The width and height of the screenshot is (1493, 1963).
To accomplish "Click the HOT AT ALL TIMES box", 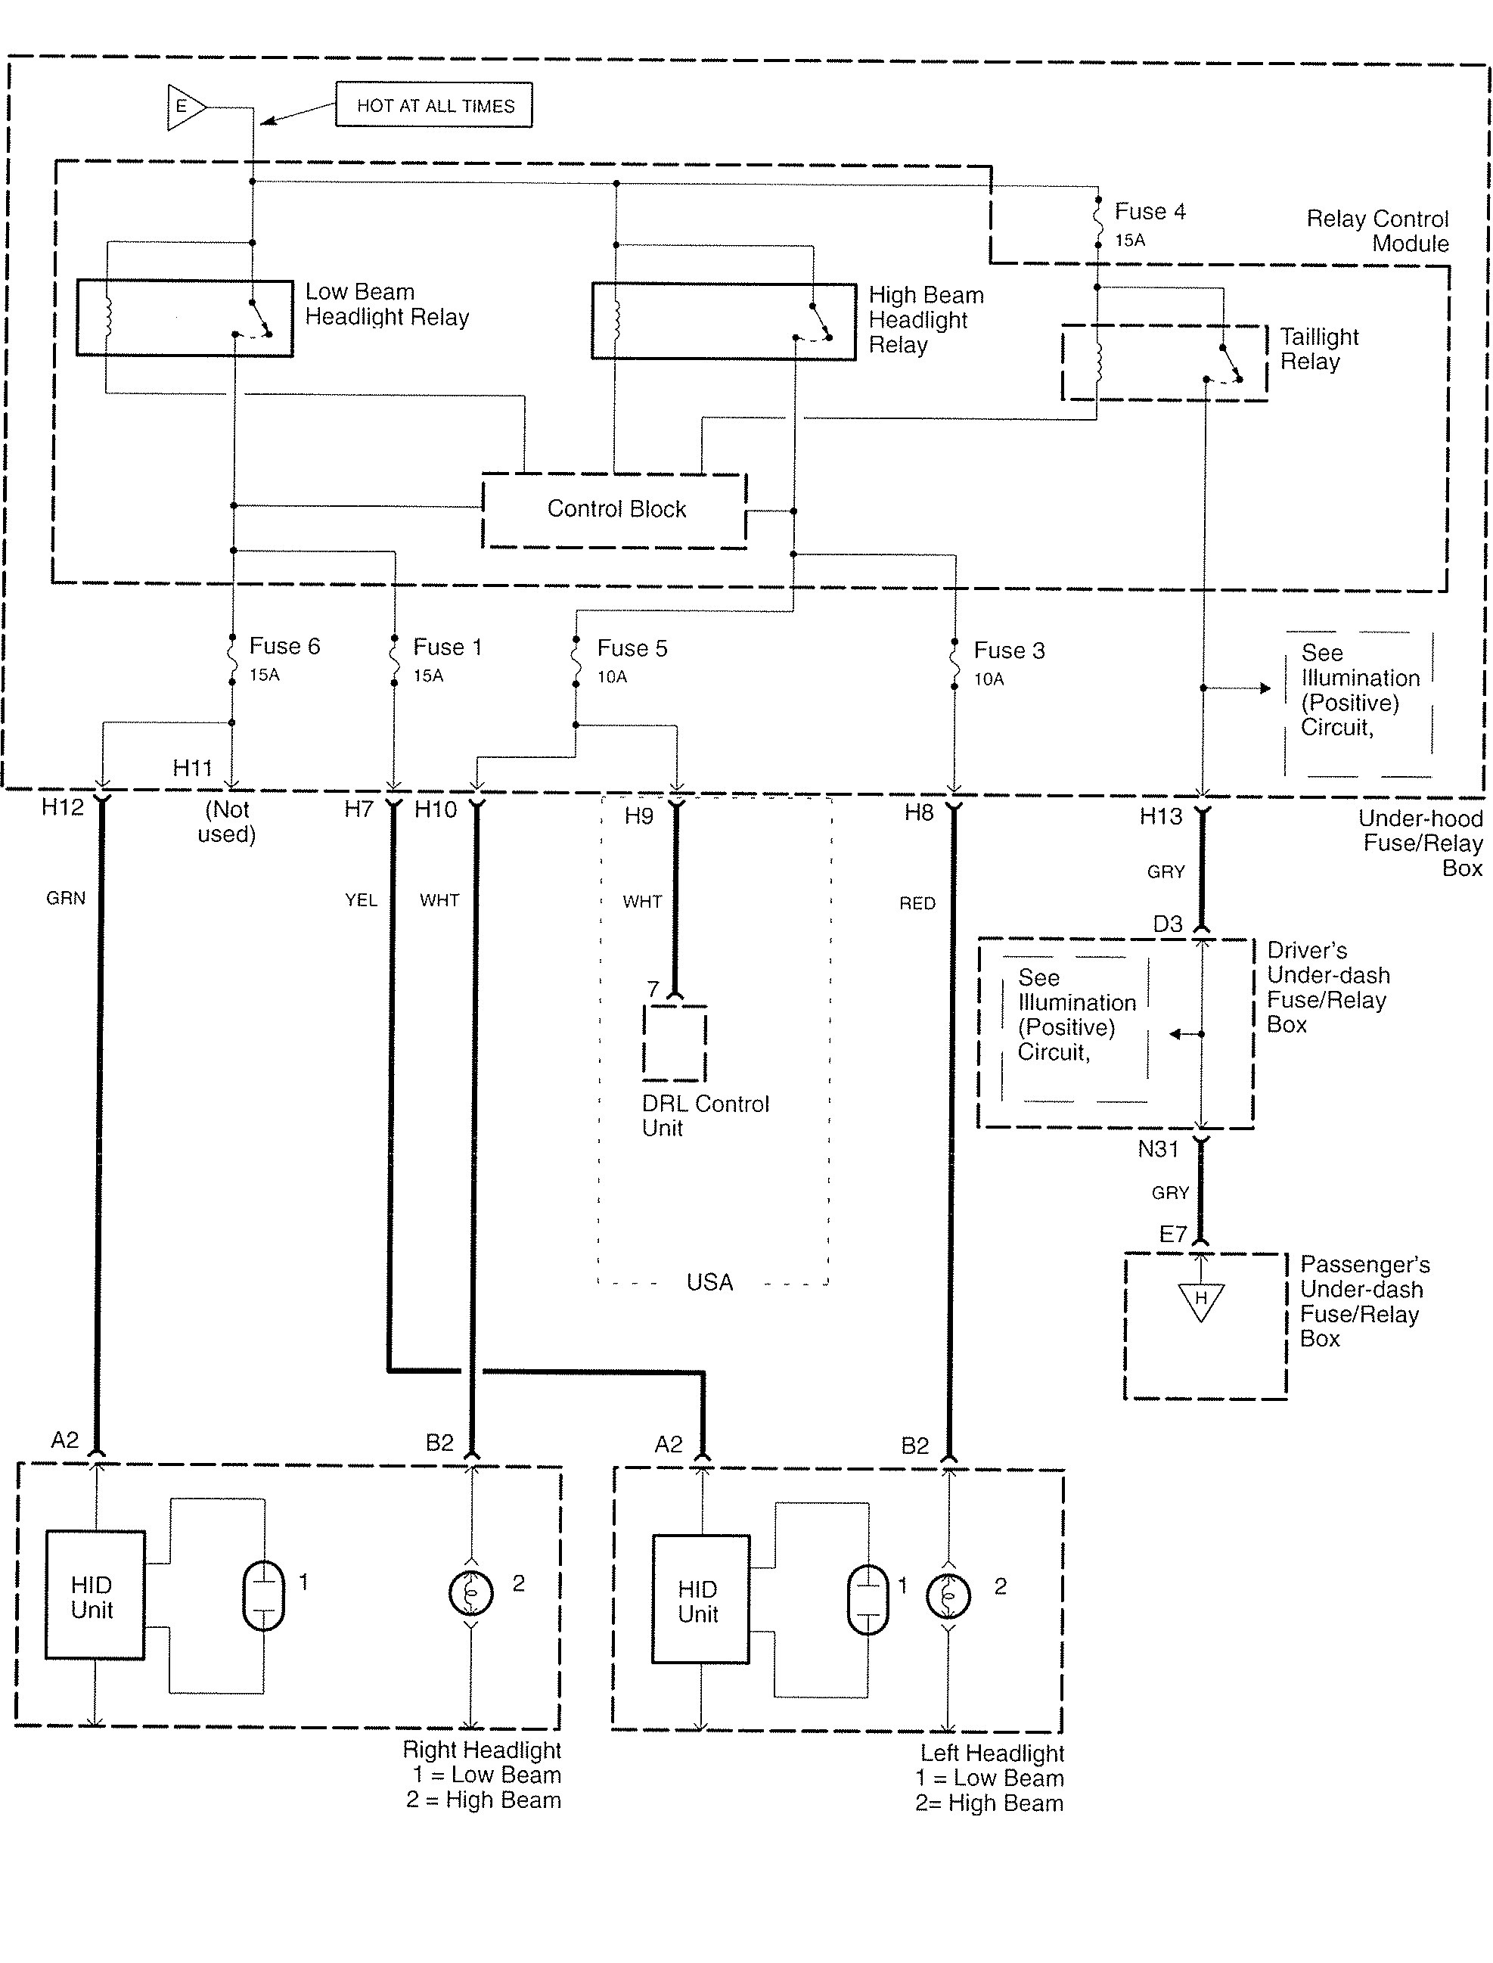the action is (x=433, y=106).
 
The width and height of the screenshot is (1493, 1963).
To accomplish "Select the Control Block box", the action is (x=614, y=510).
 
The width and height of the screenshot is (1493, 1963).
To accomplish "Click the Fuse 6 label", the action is (x=284, y=646).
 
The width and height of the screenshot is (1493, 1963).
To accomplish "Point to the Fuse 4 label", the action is (x=1150, y=212).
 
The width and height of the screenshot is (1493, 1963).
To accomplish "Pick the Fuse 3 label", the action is (x=1009, y=651).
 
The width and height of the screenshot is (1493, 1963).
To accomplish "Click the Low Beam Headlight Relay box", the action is (x=185, y=318).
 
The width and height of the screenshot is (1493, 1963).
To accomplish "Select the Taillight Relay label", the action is (x=1319, y=349).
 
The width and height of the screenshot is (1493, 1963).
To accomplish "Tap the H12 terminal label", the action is (x=62, y=807).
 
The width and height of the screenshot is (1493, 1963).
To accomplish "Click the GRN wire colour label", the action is (x=66, y=899).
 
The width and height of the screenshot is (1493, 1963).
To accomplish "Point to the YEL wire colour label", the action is (x=361, y=900).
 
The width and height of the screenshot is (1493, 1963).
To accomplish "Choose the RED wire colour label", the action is (x=917, y=904).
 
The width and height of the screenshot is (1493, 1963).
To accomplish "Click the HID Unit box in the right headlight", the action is (x=95, y=1595).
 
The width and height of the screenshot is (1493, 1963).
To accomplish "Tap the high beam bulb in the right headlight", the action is (x=471, y=1592).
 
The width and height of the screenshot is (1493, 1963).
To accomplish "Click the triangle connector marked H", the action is (x=1200, y=1301).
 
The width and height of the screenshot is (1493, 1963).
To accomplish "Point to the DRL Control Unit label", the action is (x=706, y=1116).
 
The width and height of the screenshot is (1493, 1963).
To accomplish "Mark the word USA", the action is (x=709, y=1282).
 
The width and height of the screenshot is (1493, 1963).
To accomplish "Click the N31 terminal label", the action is (x=1158, y=1149).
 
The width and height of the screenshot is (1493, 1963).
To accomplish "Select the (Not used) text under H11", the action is (x=227, y=822).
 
